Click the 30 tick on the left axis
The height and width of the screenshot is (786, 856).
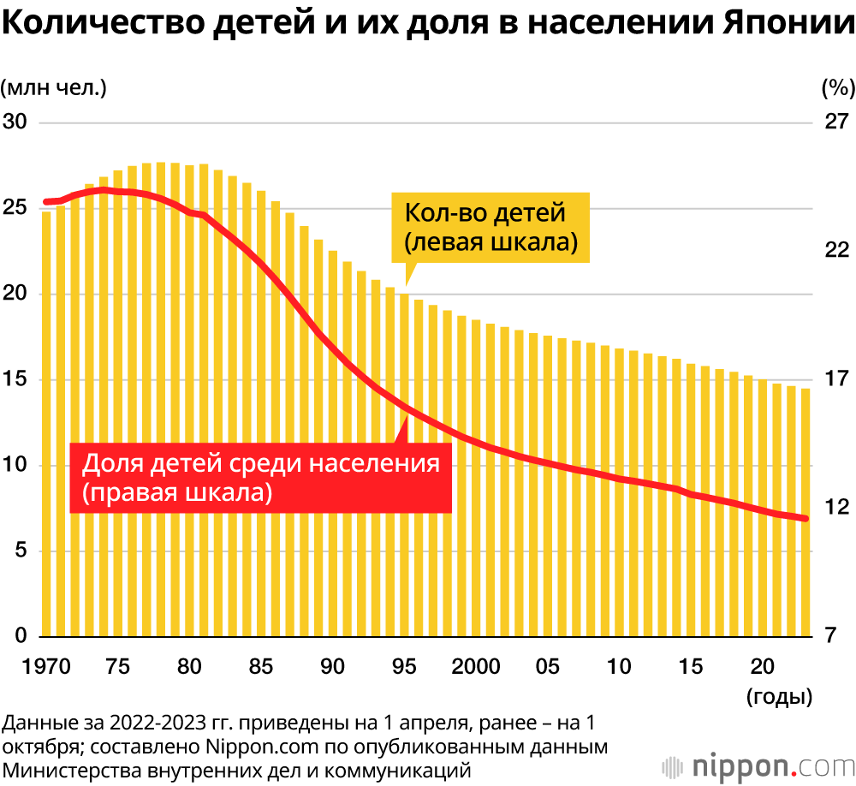16,122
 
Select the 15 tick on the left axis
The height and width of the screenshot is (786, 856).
16,379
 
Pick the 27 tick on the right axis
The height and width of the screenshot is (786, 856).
835,122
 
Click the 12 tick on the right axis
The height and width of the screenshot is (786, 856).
835,508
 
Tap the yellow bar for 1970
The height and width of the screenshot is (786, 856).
47,428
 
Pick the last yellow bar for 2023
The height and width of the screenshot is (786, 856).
805,514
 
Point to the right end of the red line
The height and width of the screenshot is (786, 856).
805,518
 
